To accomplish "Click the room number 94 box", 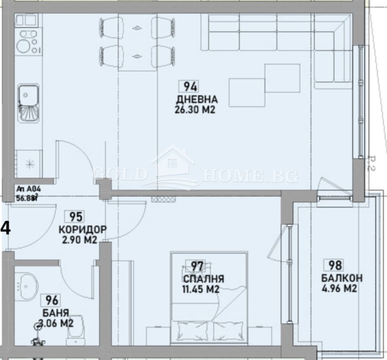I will pyautogui.click(x=190, y=87).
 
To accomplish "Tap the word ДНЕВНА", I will pyautogui.click(x=197, y=100).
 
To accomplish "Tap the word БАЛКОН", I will pyautogui.click(x=342, y=278).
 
